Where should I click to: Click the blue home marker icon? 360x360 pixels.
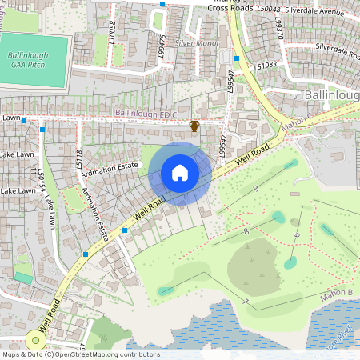point(180,172)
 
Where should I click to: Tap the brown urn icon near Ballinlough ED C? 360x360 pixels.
point(194,126)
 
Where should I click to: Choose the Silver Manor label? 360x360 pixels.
point(197,42)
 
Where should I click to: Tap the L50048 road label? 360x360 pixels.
point(269,9)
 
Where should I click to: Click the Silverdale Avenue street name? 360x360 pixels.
point(324,12)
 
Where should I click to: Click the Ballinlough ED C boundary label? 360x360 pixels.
point(146,114)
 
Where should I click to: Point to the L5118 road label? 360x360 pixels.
point(79,158)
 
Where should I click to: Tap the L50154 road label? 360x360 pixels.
point(42,181)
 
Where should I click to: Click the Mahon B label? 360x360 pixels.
point(337,293)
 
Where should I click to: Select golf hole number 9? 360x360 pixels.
point(255,189)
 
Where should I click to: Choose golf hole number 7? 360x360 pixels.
point(246,301)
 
